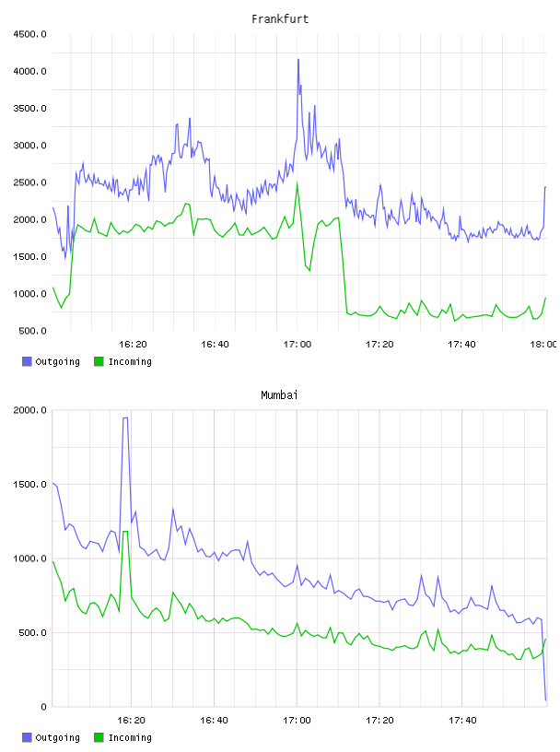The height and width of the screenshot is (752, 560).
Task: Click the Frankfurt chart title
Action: (x=280, y=19)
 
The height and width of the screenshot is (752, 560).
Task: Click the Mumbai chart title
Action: (x=279, y=395)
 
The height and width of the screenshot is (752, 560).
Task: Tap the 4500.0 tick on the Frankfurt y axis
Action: (x=30, y=34)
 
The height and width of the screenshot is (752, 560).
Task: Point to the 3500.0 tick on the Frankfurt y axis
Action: (x=30, y=109)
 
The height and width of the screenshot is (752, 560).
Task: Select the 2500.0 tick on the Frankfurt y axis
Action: (x=30, y=182)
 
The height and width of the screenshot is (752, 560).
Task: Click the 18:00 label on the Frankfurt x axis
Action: (x=543, y=345)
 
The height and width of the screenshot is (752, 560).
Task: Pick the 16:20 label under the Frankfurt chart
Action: (x=133, y=345)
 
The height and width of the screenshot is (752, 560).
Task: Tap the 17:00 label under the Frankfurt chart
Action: (x=297, y=345)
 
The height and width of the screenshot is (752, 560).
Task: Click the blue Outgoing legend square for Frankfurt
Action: (x=27, y=361)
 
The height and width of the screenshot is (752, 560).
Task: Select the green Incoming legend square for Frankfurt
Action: (x=99, y=361)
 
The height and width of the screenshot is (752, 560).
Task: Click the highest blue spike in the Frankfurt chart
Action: (x=298, y=60)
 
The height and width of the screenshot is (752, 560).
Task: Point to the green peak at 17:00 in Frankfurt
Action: (x=297, y=183)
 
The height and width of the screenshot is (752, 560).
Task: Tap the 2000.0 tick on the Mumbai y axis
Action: (x=30, y=410)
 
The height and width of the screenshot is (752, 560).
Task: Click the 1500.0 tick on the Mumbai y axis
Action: (x=30, y=485)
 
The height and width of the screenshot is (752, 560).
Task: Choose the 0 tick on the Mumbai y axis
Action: (x=43, y=707)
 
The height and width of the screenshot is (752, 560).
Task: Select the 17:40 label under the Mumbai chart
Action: (x=462, y=721)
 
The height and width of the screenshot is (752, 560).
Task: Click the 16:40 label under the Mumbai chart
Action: (x=215, y=721)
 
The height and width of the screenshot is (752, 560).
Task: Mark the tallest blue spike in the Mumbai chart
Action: (x=125, y=418)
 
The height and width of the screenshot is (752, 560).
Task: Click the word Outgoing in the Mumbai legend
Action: (x=57, y=737)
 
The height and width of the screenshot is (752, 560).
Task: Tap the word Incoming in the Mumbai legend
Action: (x=130, y=737)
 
